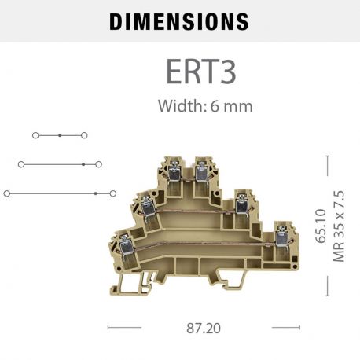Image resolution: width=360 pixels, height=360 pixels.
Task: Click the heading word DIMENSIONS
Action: click(x=179, y=21)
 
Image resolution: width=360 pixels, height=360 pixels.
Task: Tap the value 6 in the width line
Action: click(x=214, y=105)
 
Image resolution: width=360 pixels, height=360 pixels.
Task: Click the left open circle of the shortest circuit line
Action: click(x=35, y=136)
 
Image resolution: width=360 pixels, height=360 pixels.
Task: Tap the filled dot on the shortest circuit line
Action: click(x=61, y=136)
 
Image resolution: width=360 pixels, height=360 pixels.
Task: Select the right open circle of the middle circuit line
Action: click(x=98, y=164)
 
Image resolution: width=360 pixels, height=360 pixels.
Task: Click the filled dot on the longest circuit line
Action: click(x=95, y=193)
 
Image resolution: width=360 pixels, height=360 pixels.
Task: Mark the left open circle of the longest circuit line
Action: click(x=7, y=193)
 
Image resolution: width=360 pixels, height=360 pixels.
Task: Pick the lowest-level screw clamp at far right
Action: click(x=280, y=236)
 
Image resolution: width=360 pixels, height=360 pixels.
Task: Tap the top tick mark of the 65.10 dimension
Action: click(x=327, y=156)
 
